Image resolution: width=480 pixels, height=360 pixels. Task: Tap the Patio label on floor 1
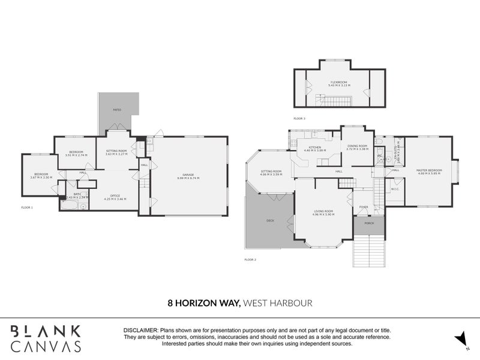click(x=117, y=110)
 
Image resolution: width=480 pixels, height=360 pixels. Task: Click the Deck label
click(x=270, y=220)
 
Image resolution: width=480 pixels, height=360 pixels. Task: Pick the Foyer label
click(x=364, y=207)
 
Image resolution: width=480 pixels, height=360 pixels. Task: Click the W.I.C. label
click(x=395, y=189)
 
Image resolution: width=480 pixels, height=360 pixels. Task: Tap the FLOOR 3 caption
click(x=299, y=119)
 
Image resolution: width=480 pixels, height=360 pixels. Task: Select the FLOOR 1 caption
click(x=27, y=208)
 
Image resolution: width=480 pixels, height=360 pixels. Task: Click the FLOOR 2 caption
click(x=250, y=259)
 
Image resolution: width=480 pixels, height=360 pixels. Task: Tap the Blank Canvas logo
click(x=46, y=338)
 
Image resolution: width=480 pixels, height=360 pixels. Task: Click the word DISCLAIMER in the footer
click(x=140, y=331)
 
